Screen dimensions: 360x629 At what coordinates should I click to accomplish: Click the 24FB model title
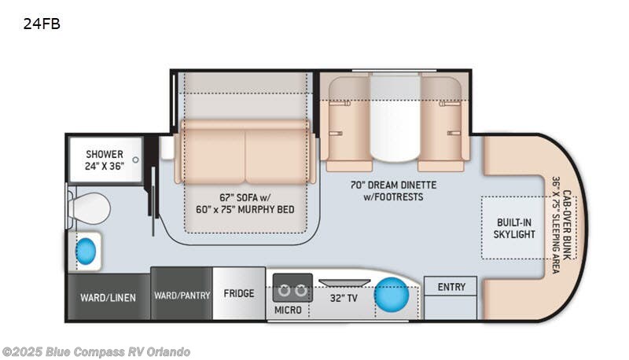(42, 24)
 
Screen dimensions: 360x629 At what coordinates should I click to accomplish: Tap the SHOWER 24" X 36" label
(105, 160)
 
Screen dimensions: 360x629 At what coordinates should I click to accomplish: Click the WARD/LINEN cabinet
(108, 297)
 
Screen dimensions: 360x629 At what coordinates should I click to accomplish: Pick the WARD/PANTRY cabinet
(182, 296)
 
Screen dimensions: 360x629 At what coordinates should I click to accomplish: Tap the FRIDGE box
(238, 294)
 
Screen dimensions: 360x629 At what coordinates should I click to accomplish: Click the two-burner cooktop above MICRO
(292, 288)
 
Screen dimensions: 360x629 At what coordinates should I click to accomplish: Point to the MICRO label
(288, 310)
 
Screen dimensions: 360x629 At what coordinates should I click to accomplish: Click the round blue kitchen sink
(392, 296)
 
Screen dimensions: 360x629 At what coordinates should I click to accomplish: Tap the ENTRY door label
(451, 287)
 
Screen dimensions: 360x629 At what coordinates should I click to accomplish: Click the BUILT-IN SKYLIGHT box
(515, 228)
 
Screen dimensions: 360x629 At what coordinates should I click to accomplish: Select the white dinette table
(395, 118)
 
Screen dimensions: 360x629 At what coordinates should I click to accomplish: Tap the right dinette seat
(443, 126)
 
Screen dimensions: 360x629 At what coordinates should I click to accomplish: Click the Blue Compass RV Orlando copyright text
(96, 351)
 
